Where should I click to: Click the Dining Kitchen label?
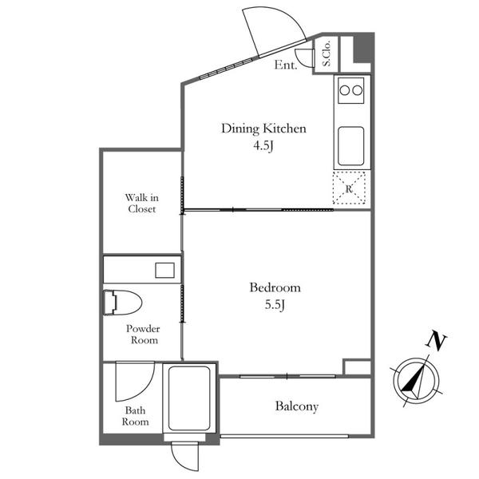click(263, 129)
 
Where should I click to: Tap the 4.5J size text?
click(263, 146)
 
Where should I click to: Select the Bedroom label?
click(275, 287)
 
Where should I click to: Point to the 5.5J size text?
click(275, 305)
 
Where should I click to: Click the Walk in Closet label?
click(142, 203)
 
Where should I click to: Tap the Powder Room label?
click(143, 335)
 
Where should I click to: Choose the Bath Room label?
click(136, 416)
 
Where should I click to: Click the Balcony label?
click(297, 406)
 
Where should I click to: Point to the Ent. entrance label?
click(286, 65)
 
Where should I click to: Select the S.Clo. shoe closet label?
click(327, 53)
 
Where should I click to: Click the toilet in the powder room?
click(122, 303)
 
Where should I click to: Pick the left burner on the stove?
click(345, 90)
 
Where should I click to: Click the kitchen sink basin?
click(351, 146)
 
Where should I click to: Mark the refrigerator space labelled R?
click(349, 188)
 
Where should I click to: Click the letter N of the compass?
click(436, 341)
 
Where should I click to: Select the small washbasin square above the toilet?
click(164, 271)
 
